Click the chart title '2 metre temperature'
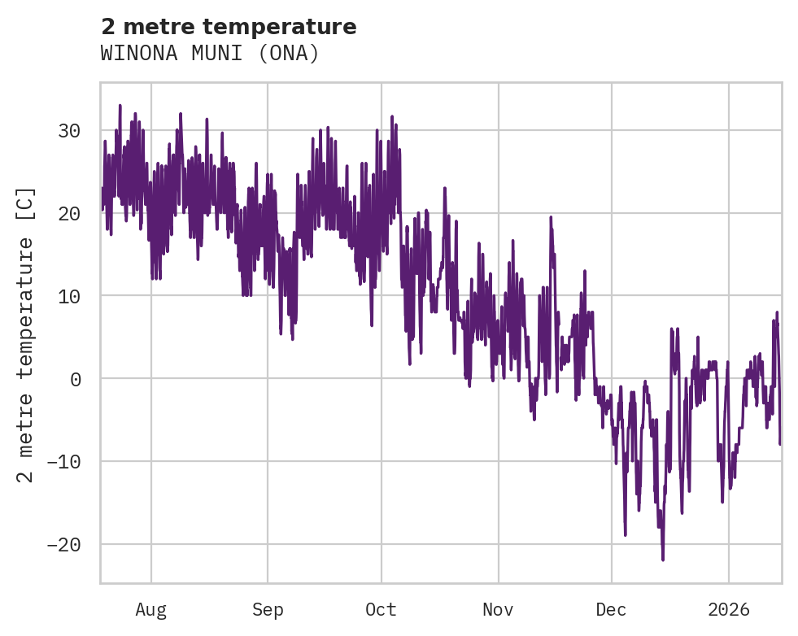coord(229,27)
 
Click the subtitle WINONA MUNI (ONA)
coord(210,54)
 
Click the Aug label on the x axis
coord(150,610)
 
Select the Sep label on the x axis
coord(268,610)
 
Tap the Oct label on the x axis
coord(381,610)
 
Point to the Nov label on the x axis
coord(498,610)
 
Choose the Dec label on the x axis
coord(611,610)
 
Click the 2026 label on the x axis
coord(728,610)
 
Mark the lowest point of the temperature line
coord(663,560)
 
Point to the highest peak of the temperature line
coord(120,105)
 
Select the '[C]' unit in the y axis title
coord(26,203)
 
